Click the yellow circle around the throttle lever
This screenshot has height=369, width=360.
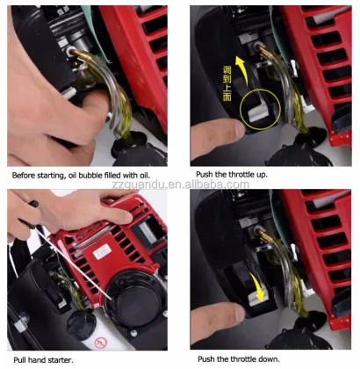tap(241, 111)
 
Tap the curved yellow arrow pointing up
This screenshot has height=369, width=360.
tap(242, 69)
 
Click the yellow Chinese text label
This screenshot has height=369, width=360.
tap(227, 83)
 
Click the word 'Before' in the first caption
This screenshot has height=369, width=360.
tap(23, 176)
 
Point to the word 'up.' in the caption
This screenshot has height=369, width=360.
tap(262, 175)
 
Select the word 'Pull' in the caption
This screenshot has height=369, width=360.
tap(19, 360)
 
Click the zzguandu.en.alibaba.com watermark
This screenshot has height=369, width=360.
tap(181, 184)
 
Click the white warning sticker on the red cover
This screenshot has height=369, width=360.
tap(103, 252)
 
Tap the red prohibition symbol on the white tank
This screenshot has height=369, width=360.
tap(101, 342)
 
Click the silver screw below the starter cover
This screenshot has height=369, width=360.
tap(133, 333)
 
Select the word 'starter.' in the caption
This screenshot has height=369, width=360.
tap(61, 360)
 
